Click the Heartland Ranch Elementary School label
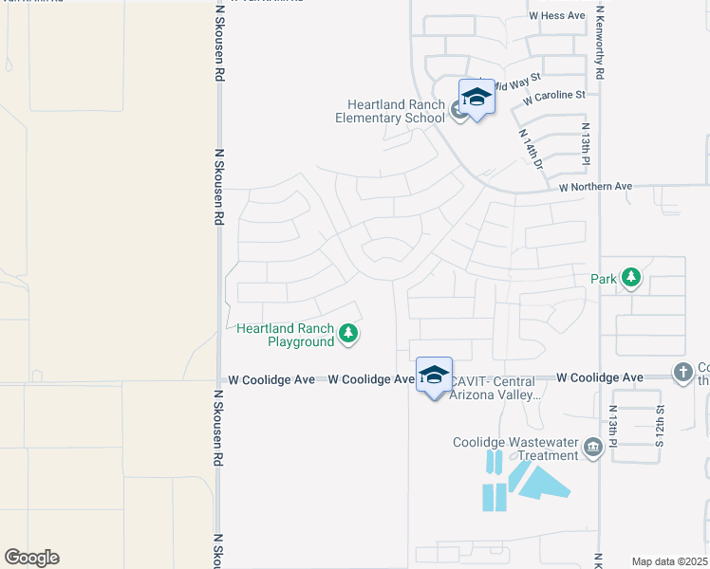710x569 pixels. pos(389,111)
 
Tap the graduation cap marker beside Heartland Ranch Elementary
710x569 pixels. pos(476,98)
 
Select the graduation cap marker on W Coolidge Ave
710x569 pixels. pos(434,376)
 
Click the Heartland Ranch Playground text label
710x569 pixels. pos(286,335)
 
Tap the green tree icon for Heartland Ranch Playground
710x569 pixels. pos(349,333)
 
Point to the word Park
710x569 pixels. pos(604,279)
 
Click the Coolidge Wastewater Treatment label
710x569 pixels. pos(516,448)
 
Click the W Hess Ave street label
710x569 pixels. pos(557,16)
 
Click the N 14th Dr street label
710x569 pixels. pos(531,150)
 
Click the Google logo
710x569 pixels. pos(31,558)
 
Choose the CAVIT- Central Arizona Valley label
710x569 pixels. pos(494,388)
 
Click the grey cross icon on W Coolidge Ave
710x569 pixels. pos(683,373)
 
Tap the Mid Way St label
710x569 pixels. pos(518,77)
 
